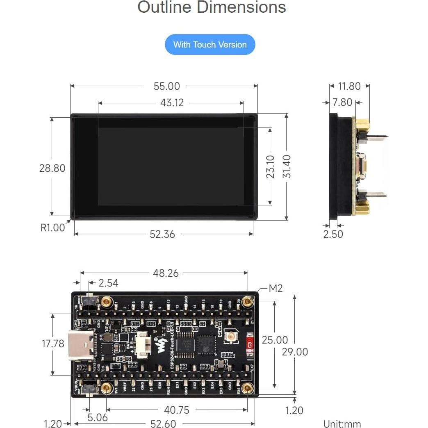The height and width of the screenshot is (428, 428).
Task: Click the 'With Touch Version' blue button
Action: click(210, 45)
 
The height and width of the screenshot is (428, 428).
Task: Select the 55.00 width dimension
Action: click(166, 86)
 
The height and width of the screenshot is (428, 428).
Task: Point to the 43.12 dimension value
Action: click(172, 102)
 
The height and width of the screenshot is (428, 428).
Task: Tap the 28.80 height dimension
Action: click(52, 168)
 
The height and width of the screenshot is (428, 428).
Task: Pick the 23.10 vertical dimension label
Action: click(271, 166)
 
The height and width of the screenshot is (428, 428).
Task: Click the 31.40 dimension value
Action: click(287, 166)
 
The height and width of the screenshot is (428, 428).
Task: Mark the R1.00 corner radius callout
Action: click(52, 228)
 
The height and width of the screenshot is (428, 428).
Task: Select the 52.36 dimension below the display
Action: click(162, 234)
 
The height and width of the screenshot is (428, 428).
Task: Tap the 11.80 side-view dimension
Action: click(349, 86)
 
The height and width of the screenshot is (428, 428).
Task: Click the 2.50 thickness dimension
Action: click(333, 234)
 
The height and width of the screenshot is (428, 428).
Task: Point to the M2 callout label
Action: click(275, 289)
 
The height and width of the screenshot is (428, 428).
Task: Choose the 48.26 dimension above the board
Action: click(166, 273)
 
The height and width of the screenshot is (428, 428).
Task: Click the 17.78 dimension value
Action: click(53, 344)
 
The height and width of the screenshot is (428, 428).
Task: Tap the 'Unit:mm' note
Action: click(342, 424)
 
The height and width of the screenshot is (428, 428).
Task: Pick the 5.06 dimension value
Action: click(98, 417)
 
